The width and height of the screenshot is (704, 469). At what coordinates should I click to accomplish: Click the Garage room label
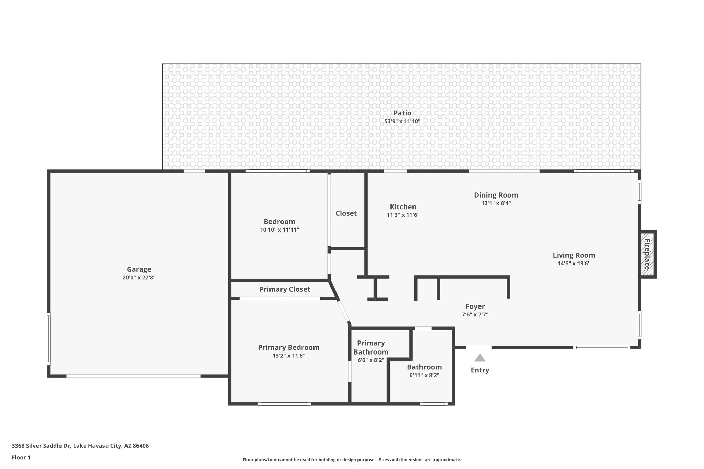point(139,269)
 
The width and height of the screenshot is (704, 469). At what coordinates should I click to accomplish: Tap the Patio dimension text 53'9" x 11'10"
point(402,121)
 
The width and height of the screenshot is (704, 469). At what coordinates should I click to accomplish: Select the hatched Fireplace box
point(647,254)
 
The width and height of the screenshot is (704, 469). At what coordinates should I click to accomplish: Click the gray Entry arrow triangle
point(480,358)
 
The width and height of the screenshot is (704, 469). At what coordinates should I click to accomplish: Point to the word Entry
point(480,370)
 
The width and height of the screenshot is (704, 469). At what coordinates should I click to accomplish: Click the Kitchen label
point(403,207)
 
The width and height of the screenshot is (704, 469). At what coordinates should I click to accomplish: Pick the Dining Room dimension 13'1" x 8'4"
point(496,203)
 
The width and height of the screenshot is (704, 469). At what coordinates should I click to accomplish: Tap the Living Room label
point(574,255)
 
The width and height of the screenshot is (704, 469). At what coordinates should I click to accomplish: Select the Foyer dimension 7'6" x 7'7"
point(475,314)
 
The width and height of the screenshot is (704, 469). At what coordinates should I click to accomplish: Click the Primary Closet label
point(285,289)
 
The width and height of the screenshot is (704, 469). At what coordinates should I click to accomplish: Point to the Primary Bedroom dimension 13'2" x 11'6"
point(289,356)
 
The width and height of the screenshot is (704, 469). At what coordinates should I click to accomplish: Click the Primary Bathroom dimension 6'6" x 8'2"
point(371,360)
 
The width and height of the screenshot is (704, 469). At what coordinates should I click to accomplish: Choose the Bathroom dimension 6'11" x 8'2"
point(424,375)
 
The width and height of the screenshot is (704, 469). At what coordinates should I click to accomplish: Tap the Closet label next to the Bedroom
point(346,213)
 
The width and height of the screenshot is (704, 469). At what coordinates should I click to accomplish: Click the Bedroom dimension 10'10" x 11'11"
point(279,230)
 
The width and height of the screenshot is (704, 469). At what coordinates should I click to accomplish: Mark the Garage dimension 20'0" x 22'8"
point(139,278)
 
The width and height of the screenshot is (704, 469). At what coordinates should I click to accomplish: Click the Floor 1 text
point(21,457)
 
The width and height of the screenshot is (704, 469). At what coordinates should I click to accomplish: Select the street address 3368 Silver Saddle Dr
point(41,446)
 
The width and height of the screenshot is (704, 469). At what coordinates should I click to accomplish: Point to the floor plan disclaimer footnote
point(352,460)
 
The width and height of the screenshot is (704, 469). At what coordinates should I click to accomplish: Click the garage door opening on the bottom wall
point(133,376)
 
